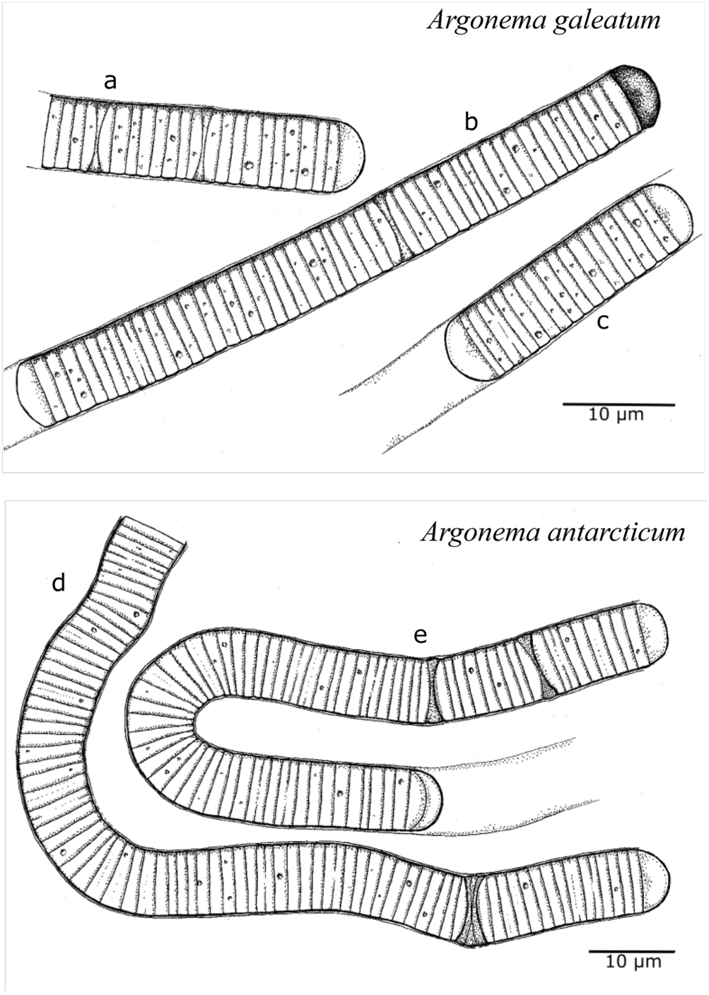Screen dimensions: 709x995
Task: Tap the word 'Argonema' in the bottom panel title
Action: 469,531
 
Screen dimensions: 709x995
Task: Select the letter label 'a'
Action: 110,82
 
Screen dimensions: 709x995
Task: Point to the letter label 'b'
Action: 471,122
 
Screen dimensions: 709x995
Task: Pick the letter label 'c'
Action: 602,321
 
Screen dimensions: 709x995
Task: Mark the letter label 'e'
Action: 421,636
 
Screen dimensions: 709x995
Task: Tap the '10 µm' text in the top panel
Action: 616,415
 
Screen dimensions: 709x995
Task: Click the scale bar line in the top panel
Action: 619,404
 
